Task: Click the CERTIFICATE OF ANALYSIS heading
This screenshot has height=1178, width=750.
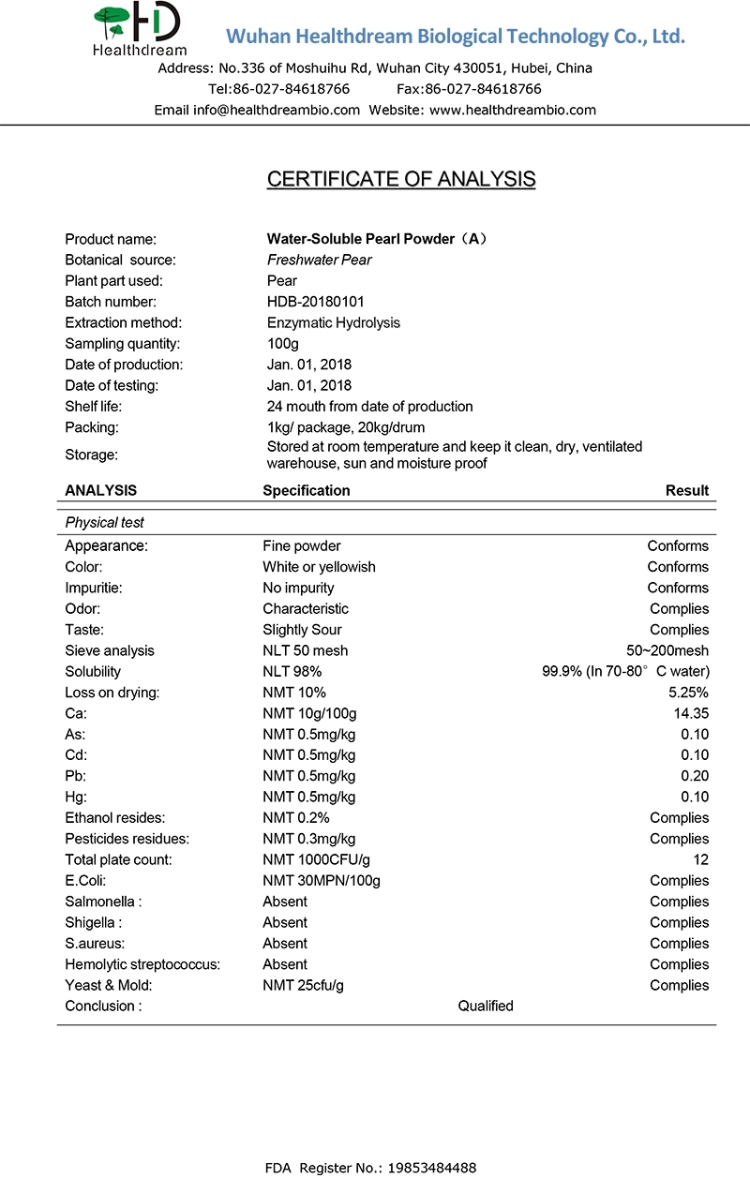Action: point(401,179)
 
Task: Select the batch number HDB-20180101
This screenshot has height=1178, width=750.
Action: point(316,302)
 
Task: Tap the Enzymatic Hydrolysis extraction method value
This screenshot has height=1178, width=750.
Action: point(334,322)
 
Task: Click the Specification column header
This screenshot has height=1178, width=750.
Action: point(307,490)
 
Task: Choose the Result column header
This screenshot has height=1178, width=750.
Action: point(687,490)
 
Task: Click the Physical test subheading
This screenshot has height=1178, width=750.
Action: point(105,522)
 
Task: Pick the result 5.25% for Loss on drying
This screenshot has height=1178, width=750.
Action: point(688,693)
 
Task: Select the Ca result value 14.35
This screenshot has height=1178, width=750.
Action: point(690,713)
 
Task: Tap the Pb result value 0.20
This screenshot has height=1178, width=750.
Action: point(695,776)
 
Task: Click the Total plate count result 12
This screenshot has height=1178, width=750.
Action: point(700,859)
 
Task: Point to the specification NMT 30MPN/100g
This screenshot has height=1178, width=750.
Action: point(322,880)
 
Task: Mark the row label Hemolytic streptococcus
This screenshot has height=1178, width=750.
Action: point(142,964)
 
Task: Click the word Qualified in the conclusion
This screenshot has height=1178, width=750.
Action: point(486,1006)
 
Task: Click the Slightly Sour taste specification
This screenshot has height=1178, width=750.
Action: point(302,630)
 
